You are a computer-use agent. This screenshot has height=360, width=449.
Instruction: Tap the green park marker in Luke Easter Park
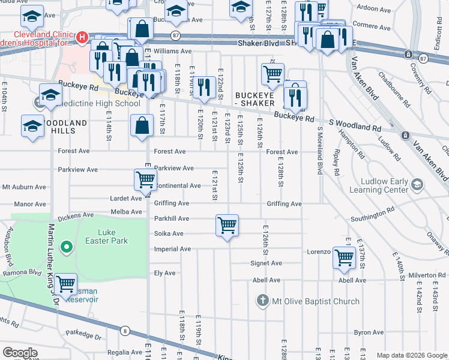pos(67,247)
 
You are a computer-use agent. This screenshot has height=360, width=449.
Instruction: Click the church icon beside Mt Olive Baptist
pos(262,299)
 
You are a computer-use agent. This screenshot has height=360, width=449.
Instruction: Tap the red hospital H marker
pos(82,39)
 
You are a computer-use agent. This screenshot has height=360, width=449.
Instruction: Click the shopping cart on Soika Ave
pos(227,226)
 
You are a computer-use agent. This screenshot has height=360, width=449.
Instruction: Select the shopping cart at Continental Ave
pos(145,179)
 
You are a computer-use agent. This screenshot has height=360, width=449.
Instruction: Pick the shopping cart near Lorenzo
pos(344,257)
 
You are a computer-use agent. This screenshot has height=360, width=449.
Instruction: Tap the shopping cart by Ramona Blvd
pos(65,283)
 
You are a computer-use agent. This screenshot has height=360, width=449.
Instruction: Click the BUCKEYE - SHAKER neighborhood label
pos(258,99)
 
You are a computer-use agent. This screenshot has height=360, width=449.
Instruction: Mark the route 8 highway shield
pos(125,331)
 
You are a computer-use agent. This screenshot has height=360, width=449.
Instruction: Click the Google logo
pos(20,353)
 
